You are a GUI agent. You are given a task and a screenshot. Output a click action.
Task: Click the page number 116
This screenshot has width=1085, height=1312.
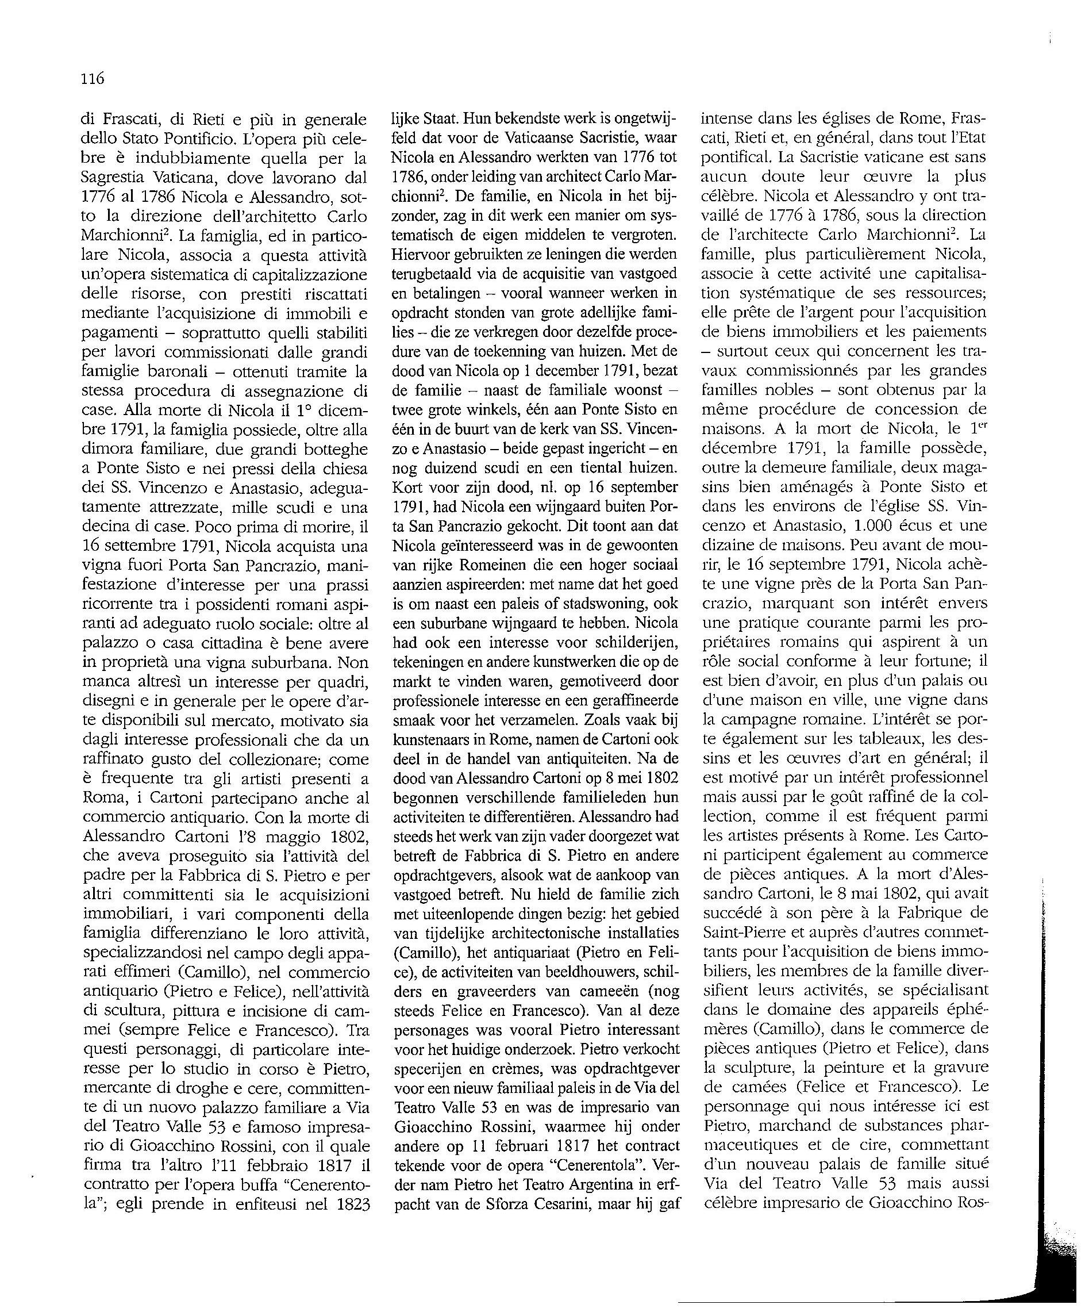(x=93, y=79)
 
